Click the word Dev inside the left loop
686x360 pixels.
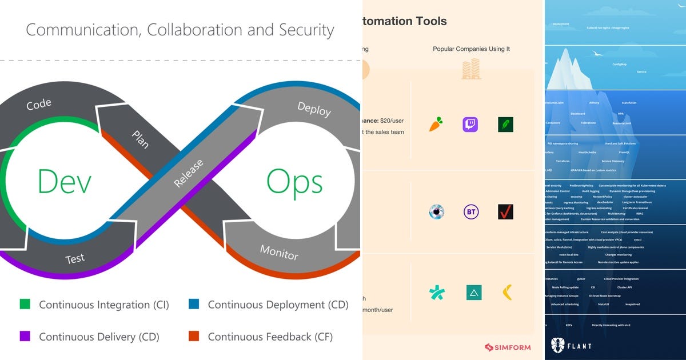[64, 182]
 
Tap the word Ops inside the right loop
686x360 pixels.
[294, 182]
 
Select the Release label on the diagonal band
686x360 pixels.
[189, 174]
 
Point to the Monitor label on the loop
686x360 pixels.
[279, 251]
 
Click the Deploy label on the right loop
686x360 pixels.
[314, 109]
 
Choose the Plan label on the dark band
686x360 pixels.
[140, 139]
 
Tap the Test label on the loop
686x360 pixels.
[75, 259]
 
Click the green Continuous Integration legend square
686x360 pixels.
[24, 305]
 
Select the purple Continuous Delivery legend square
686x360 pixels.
[24, 337]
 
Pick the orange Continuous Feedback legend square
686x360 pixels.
[193, 337]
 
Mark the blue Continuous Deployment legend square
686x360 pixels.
[193, 305]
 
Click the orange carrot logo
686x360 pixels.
[436, 125]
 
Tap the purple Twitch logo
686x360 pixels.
[470, 125]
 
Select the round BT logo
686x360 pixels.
[471, 212]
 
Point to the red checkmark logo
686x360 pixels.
[505, 212]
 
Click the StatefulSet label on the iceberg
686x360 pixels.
[629, 103]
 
